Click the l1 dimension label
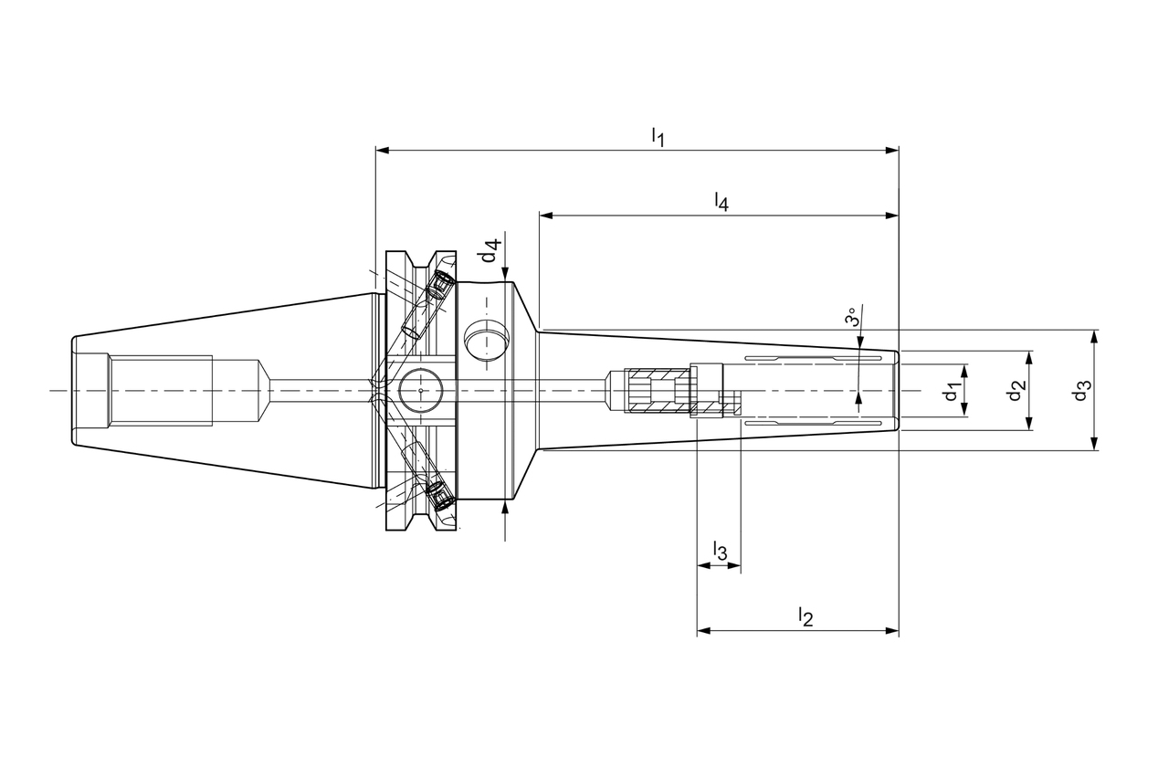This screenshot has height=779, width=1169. pyautogui.click(x=658, y=137)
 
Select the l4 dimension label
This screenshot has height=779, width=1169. pyautogui.click(x=721, y=202)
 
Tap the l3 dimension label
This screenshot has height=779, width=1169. pyautogui.click(x=720, y=551)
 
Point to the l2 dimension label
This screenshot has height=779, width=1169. pyautogui.click(x=806, y=616)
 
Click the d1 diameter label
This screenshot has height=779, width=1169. pyautogui.click(x=952, y=391)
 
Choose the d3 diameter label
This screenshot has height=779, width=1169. pyautogui.click(x=1081, y=391)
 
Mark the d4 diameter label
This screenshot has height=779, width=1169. pyautogui.click(x=491, y=251)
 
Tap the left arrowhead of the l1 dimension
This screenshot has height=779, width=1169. pyautogui.click(x=382, y=151)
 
